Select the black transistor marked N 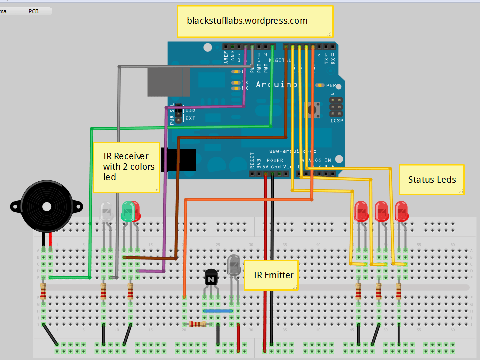click(211, 279)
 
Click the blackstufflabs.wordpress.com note click(254, 21)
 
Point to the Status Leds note click(431, 179)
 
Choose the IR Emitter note click(270, 275)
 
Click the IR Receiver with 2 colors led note click(126, 166)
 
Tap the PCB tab click(34, 11)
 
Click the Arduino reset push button click(314, 109)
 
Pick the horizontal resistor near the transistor click(198, 324)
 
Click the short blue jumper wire click(218, 311)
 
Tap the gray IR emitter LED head click(234, 265)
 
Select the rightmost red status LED click(401, 211)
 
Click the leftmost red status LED click(361, 211)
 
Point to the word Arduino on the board click(276, 85)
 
